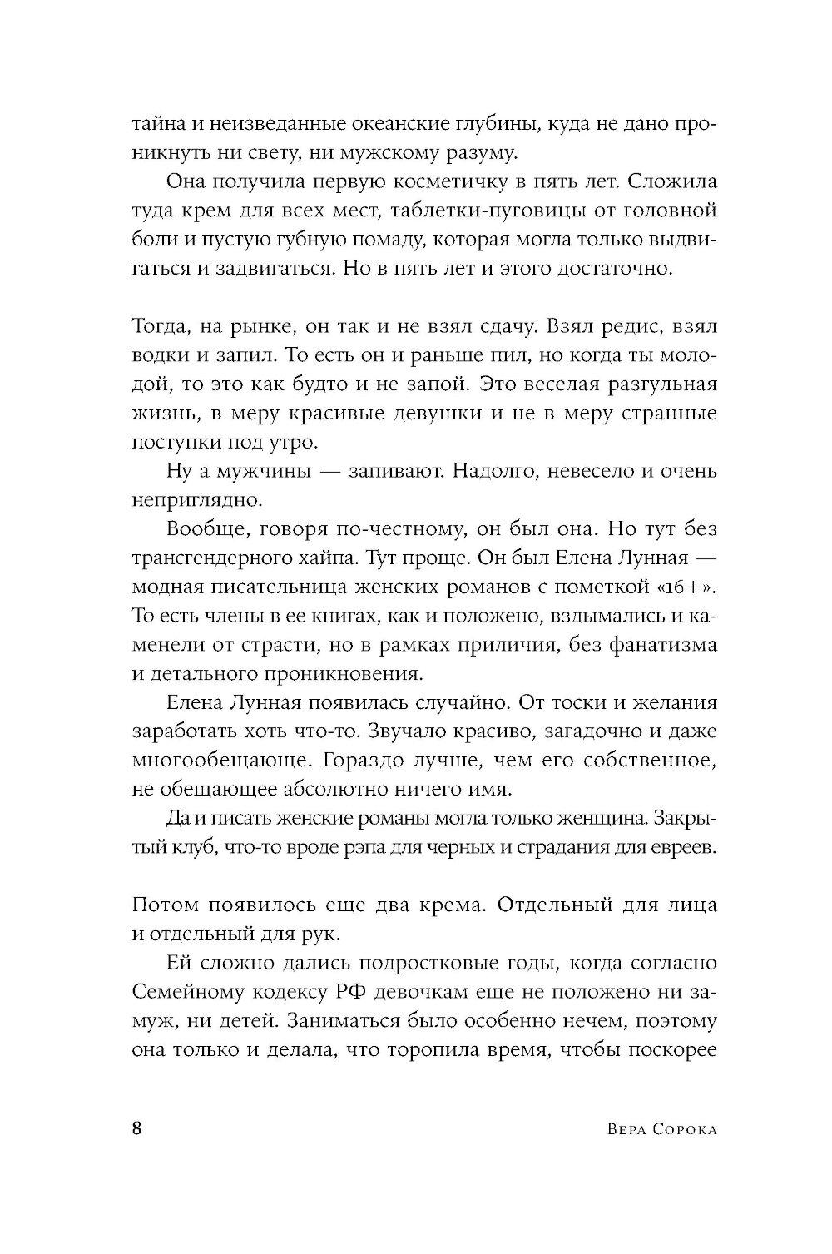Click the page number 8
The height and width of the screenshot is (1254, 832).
137,1129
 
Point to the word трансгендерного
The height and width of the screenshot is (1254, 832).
218,558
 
